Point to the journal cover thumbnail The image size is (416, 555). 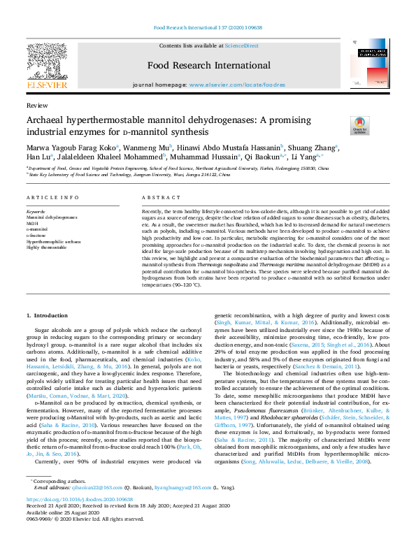[x=369, y=64]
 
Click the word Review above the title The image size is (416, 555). [x=32, y=104]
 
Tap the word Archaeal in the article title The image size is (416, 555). [x=49, y=119]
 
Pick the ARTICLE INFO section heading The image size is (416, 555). [x=52, y=198]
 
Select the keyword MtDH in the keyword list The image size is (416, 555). [x=32, y=223]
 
